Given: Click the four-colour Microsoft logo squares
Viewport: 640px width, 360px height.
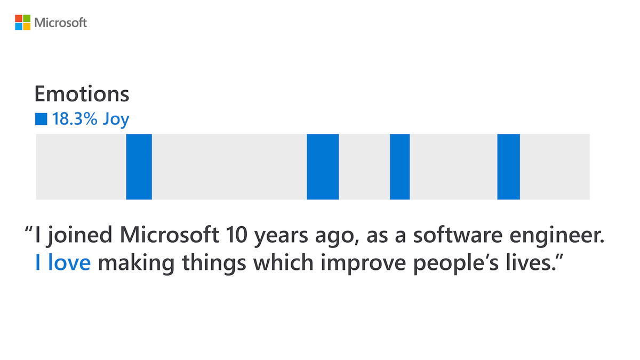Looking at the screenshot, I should click(x=22, y=22).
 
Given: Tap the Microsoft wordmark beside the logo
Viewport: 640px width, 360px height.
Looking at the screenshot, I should click(x=60, y=23).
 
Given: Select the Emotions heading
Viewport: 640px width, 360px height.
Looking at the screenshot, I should click(x=82, y=94).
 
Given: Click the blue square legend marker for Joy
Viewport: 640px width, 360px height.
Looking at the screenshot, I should click(x=41, y=119).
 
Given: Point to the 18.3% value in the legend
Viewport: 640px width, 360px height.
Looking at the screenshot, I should click(x=75, y=119).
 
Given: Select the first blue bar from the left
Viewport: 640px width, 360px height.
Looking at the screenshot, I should click(x=139, y=166).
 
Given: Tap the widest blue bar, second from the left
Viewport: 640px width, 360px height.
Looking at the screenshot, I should click(x=323, y=166).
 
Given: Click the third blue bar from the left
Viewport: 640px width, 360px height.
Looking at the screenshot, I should click(x=399, y=166).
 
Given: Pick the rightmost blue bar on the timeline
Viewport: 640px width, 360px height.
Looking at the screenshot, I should click(x=508, y=166).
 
